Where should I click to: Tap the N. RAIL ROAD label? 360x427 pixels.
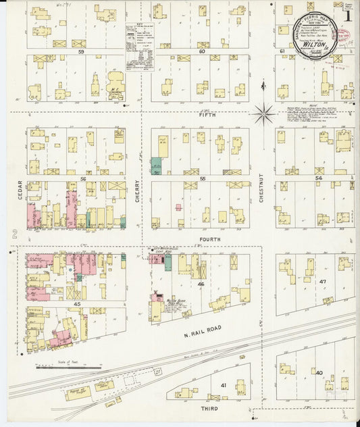[207, 329]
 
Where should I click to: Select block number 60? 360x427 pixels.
[201, 51]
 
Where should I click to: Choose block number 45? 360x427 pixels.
[77, 304]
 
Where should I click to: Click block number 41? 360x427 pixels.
[222, 384]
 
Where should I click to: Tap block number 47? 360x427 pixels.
[323, 280]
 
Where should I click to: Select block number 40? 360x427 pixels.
[318, 372]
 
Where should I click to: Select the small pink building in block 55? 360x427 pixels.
[178, 207]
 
